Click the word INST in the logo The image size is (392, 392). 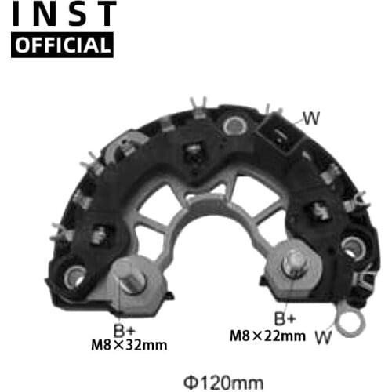click(x=64, y=13)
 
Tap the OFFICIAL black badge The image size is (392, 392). click(x=62, y=45)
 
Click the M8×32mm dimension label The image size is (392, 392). click(x=129, y=345)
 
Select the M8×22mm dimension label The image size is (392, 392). click(x=267, y=336)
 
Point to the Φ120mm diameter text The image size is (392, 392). click(x=223, y=383)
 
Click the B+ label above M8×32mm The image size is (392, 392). click(x=125, y=330)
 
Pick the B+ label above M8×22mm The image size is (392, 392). click(x=285, y=318)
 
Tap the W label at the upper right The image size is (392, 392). click(x=311, y=118)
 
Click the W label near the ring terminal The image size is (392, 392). click(x=323, y=337)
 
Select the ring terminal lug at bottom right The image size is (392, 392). click(x=350, y=321)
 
